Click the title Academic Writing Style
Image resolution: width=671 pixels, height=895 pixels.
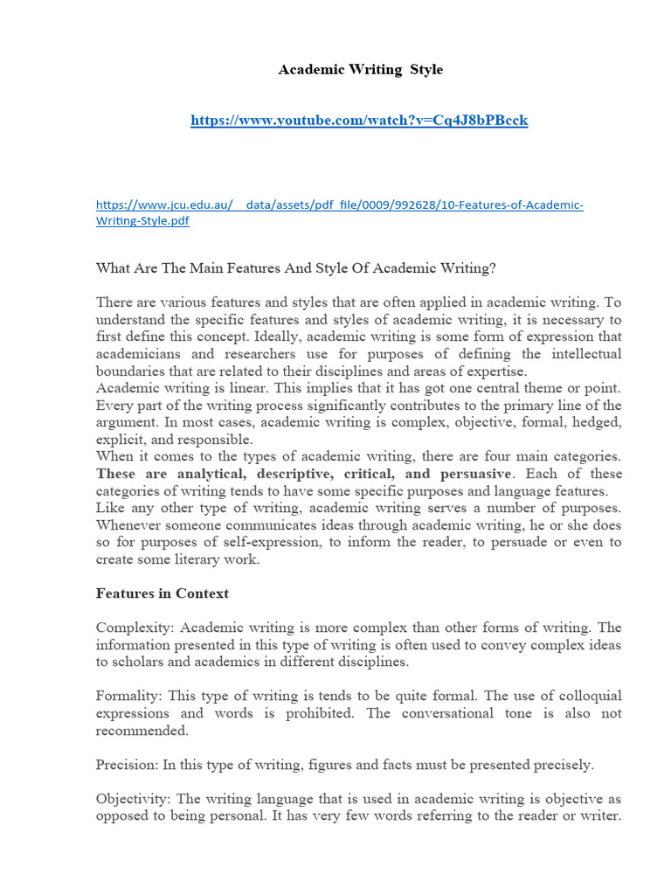[360, 70]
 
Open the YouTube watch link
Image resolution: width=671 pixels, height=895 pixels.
[359, 120]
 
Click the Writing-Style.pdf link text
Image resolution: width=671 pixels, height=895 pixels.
[142, 221]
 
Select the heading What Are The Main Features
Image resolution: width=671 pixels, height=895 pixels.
[295, 267]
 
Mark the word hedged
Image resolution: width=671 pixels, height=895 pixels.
[597, 422]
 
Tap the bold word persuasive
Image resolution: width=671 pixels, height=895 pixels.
[470, 474]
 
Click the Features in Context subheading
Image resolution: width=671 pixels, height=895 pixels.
[162, 593]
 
